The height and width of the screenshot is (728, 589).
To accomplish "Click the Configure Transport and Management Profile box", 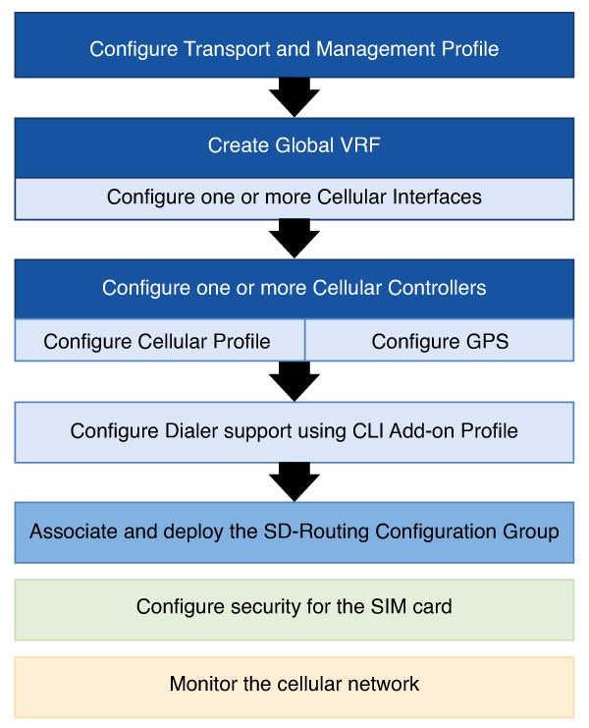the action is [294, 45].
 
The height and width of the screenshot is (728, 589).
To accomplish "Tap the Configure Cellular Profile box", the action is [160, 340].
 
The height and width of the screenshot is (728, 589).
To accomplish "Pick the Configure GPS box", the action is [439, 340].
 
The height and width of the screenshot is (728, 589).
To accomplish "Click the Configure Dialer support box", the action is [294, 432].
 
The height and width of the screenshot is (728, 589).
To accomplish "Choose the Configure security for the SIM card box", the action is [294, 609].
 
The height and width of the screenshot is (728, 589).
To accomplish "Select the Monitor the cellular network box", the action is [294, 687].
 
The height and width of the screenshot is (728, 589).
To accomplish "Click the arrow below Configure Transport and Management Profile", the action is [294, 97].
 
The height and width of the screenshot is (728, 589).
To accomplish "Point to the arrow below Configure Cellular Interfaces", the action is [294, 239].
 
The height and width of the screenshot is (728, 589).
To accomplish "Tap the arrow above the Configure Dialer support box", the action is [294, 381].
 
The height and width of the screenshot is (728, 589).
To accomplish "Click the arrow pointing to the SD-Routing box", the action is [294, 482].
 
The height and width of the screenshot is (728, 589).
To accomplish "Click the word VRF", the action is [360, 145].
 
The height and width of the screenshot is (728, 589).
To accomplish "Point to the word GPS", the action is [488, 341].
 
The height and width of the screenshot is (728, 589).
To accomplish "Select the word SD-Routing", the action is [316, 532].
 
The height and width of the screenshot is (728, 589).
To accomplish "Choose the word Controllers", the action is [437, 288].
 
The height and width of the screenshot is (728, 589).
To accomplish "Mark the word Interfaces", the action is [437, 196].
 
